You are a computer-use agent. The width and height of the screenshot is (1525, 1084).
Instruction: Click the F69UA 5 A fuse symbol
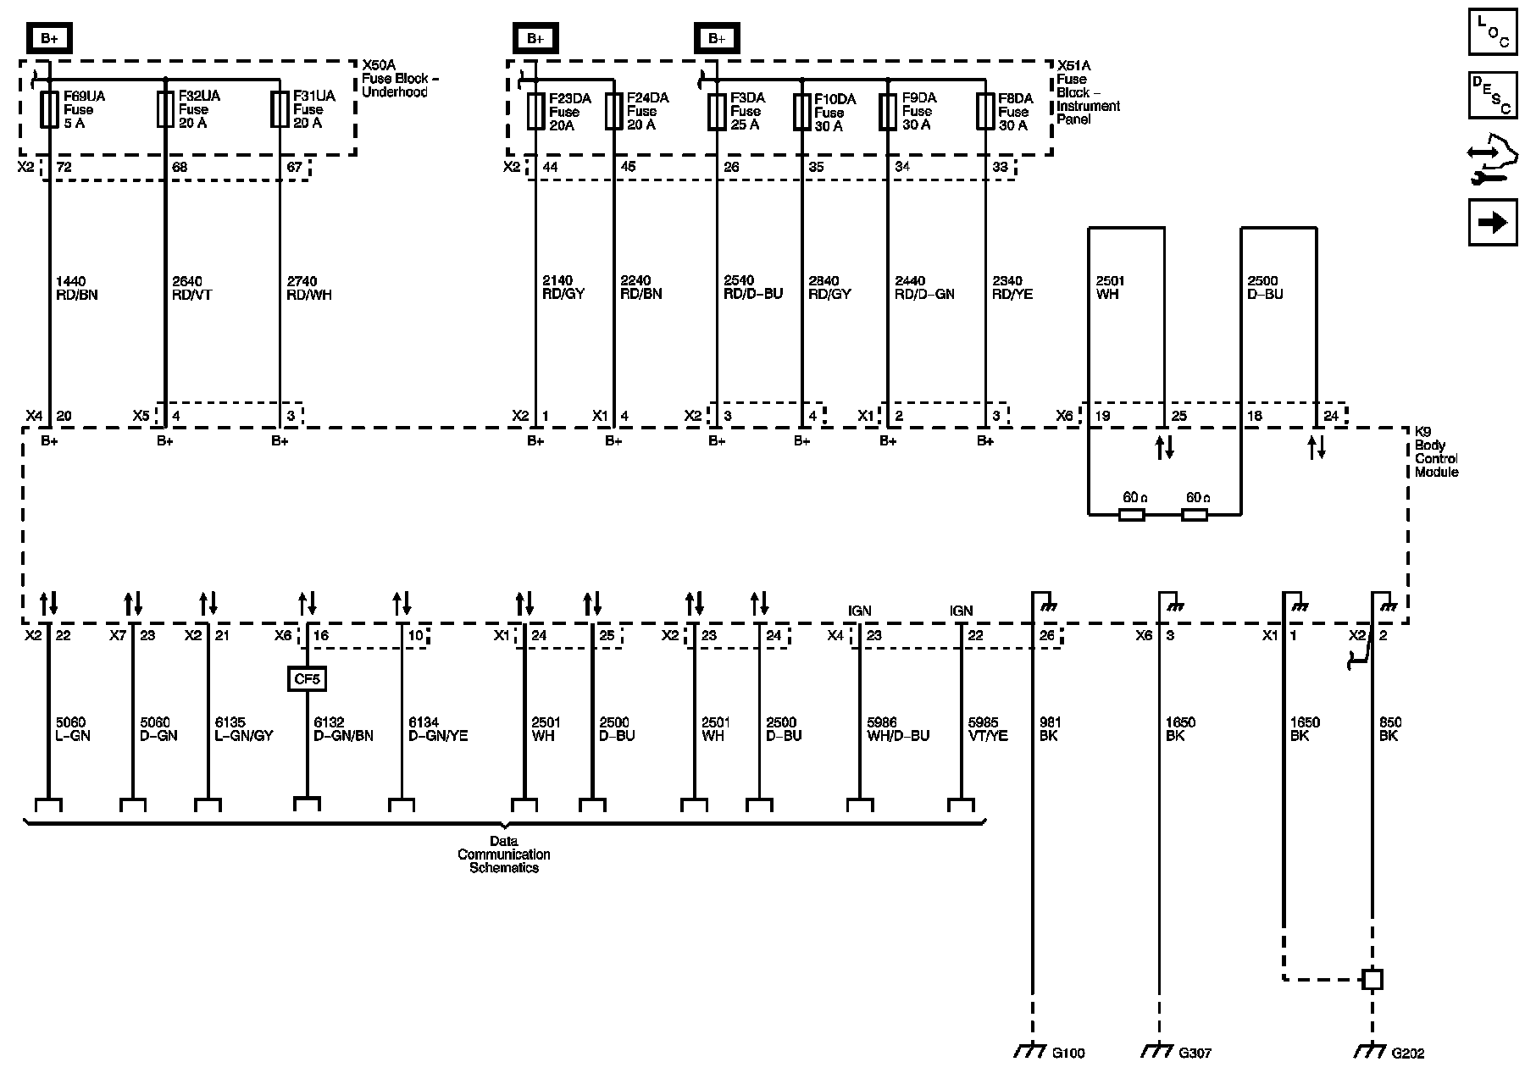[x=49, y=110]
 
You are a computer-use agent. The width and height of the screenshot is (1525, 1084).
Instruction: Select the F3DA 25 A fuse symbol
[x=717, y=111]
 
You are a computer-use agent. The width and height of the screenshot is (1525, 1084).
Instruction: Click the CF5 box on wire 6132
[x=307, y=678]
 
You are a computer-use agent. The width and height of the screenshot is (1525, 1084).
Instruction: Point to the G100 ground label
[x=1067, y=1054]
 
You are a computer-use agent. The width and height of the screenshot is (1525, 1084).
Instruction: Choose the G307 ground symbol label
[x=1195, y=1054]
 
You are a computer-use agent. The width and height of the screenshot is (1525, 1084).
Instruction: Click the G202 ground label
[x=1407, y=1054]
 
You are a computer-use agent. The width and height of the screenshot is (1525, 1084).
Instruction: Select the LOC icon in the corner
[x=1493, y=32]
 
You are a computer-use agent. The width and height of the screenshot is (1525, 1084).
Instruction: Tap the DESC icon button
[x=1493, y=95]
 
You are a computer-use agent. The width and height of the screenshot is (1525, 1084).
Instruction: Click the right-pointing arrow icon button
[x=1493, y=223]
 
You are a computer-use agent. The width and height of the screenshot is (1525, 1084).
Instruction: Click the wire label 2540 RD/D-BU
[x=753, y=288]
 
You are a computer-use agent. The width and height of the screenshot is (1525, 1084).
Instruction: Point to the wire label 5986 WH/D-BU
[x=897, y=729]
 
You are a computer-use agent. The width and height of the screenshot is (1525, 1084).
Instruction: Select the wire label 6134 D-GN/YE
[x=438, y=729]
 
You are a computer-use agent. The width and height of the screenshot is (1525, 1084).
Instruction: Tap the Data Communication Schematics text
[x=504, y=854]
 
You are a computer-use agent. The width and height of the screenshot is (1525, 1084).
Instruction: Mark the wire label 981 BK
[x=1050, y=729]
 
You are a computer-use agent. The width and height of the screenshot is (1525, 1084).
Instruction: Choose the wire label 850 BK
[x=1389, y=729]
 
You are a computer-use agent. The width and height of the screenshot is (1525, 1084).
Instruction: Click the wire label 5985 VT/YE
[x=988, y=729]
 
